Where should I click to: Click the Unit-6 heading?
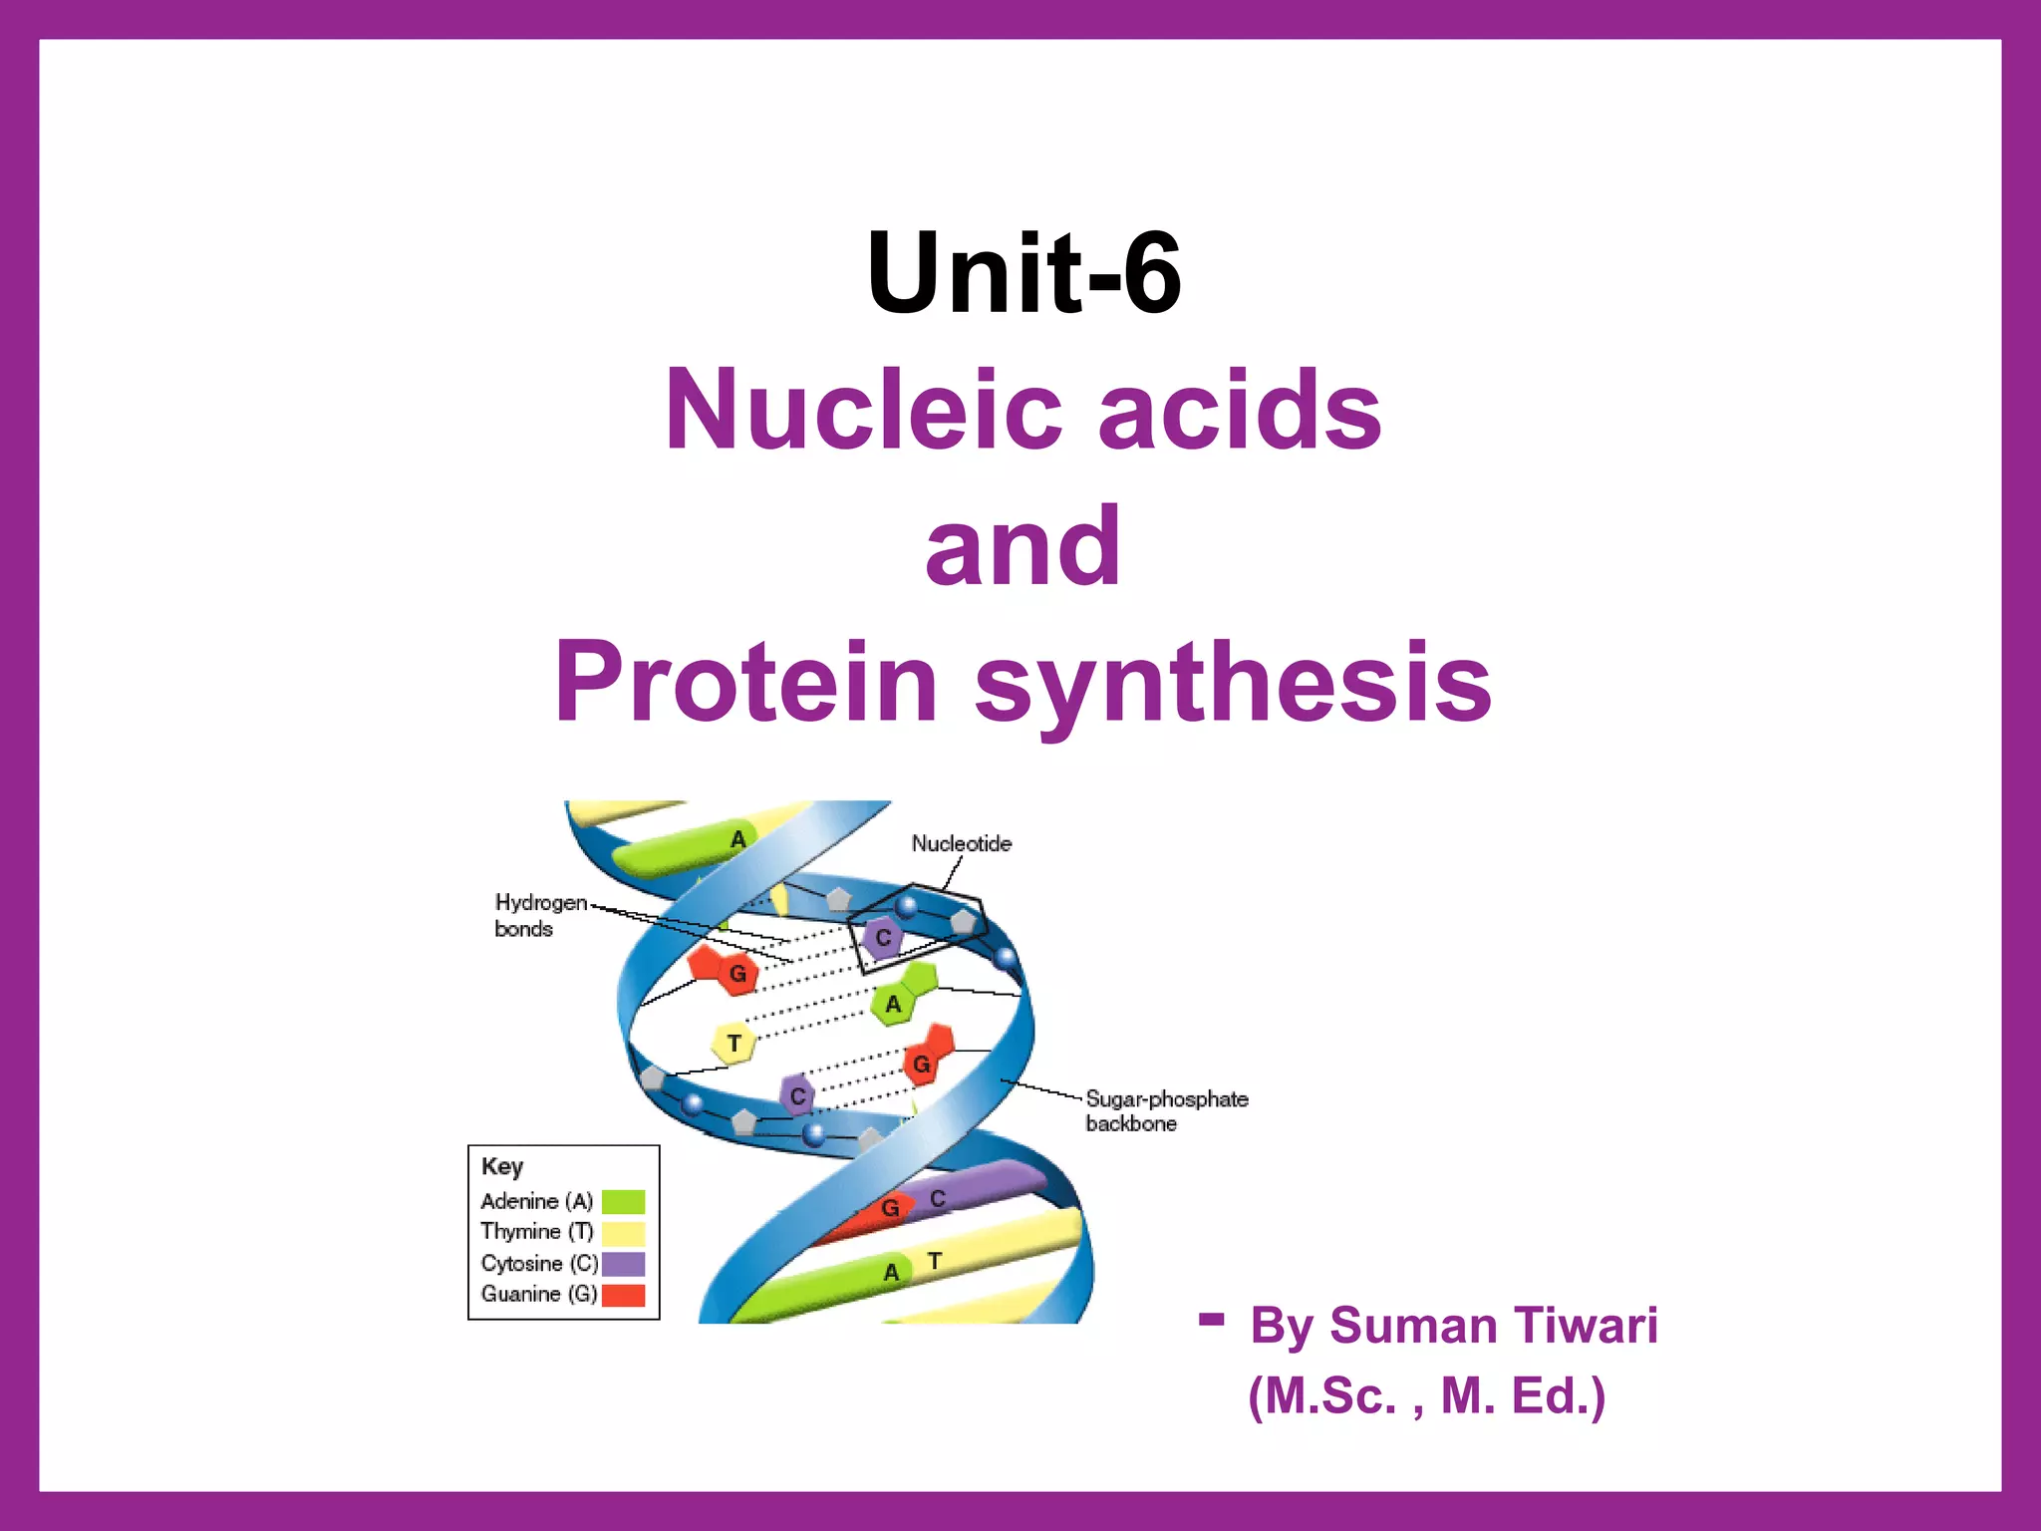click(1023, 272)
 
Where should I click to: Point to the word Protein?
click(746, 682)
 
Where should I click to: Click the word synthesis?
click(1233, 684)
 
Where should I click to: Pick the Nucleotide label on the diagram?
click(961, 843)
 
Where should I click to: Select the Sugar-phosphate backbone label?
click(1166, 1110)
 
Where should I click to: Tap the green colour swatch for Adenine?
click(623, 1202)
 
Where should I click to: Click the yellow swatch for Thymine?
click(623, 1233)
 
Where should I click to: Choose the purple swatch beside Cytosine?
click(623, 1264)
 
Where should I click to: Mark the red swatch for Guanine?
click(623, 1295)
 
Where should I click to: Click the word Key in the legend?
click(502, 1166)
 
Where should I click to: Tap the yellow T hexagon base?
click(733, 1044)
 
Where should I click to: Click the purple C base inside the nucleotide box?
click(882, 938)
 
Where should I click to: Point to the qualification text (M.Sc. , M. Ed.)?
click(1426, 1395)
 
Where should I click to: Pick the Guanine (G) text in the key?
click(538, 1294)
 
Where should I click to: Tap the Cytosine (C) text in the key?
click(538, 1263)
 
